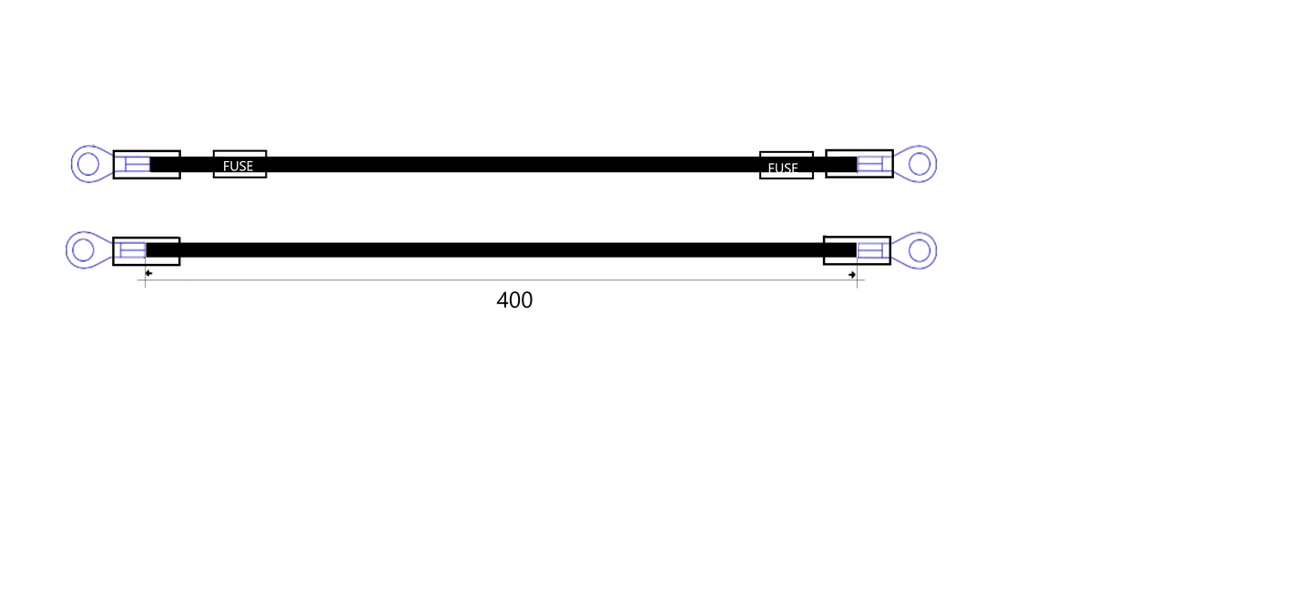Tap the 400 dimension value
pyautogui.click(x=514, y=300)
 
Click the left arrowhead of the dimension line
pyautogui.click(x=148, y=273)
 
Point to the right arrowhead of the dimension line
pyautogui.click(x=852, y=275)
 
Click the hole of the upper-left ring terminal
pyautogui.click(x=88, y=164)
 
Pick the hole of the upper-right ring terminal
pyautogui.click(x=919, y=164)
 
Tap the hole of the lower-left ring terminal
pyautogui.click(x=83, y=250)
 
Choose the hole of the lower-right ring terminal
pyautogui.click(x=919, y=250)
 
